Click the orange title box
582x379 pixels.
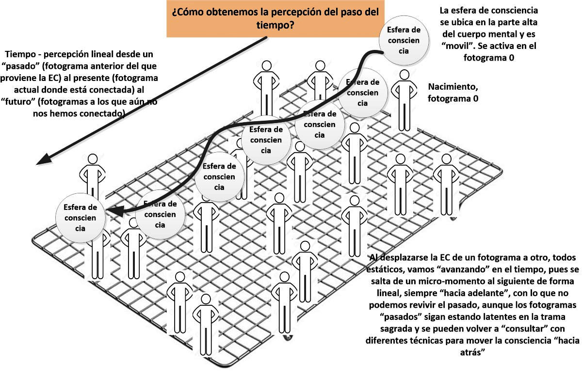point(275,19)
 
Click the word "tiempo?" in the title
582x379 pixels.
point(275,25)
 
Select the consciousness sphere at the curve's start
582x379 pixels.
point(404,40)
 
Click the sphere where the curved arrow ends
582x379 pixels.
point(81,218)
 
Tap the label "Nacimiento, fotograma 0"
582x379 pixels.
point(453,93)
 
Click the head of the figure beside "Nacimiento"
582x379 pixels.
point(404,75)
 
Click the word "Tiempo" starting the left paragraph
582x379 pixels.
point(20,54)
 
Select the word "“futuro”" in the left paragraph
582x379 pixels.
point(19,101)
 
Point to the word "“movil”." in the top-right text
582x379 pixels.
point(458,46)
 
